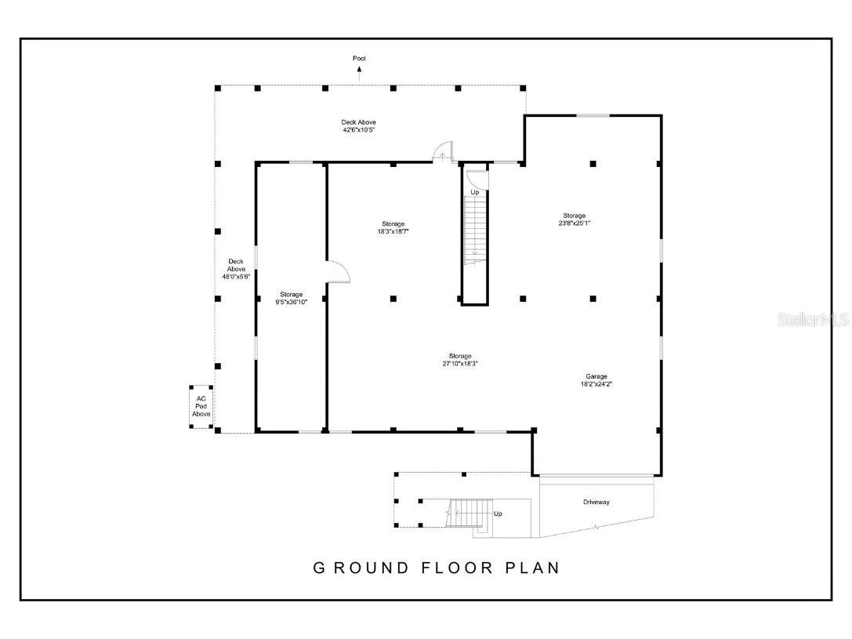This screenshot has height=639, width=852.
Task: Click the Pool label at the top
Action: [359, 58]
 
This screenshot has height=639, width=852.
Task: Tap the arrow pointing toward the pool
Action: [359, 73]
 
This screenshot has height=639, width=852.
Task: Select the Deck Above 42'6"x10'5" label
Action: [358, 125]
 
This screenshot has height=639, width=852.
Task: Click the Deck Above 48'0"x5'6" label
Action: [235, 269]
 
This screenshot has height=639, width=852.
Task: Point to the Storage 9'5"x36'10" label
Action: [292, 298]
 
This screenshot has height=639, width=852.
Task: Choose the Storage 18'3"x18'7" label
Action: [393, 227]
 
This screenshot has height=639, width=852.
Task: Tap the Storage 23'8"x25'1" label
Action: [575, 219]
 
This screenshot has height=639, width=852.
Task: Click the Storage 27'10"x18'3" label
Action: [460, 360]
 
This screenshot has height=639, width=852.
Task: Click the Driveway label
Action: [596, 502]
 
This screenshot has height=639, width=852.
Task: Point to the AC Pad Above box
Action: [201, 406]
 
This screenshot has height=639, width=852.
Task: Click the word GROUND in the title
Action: [361, 568]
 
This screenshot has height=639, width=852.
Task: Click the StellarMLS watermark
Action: [812, 320]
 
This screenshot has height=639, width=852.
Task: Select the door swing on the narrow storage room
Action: [338, 271]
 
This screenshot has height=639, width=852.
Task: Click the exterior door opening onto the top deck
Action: [444, 151]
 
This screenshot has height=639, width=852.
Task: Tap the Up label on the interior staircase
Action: [475, 192]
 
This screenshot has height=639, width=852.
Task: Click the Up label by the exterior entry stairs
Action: [498, 514]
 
